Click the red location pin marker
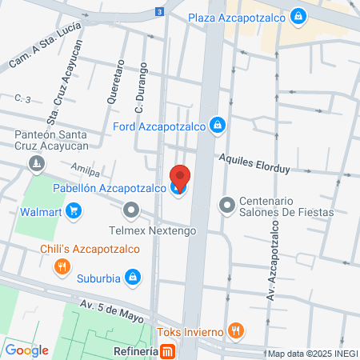180,177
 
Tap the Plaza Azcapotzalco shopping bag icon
298,16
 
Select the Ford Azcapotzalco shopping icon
217,125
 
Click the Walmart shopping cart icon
74,211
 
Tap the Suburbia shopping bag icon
134,278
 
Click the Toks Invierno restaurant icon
234,329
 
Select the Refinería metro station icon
167,351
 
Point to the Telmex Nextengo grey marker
131,211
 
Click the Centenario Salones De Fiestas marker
227,206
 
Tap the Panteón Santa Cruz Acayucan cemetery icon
35,165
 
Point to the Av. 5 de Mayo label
112,310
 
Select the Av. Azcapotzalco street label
270,256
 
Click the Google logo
26,350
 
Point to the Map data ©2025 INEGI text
311,353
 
